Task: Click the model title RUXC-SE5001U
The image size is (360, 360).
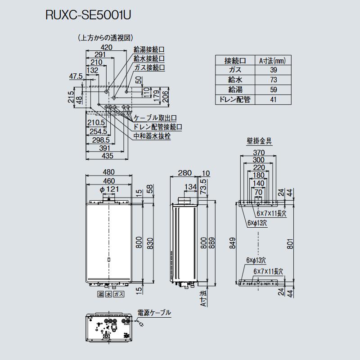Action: [x=88, y=15]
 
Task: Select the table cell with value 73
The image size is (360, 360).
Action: [x=274, y=80]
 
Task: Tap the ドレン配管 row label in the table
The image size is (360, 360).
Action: [x=235, y=99]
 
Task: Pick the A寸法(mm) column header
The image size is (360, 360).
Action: [x=273, y=61]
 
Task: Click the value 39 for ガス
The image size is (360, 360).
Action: [x=274, y=70]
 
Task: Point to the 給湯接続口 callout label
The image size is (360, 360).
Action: [x=149, y=49]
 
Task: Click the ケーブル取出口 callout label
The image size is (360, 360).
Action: [x=155, y=118]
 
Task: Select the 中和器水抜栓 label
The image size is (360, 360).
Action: [x=152, y=136]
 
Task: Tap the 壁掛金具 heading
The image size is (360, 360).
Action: [x=259, y=141]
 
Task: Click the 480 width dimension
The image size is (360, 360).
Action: [x=108, y=172]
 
